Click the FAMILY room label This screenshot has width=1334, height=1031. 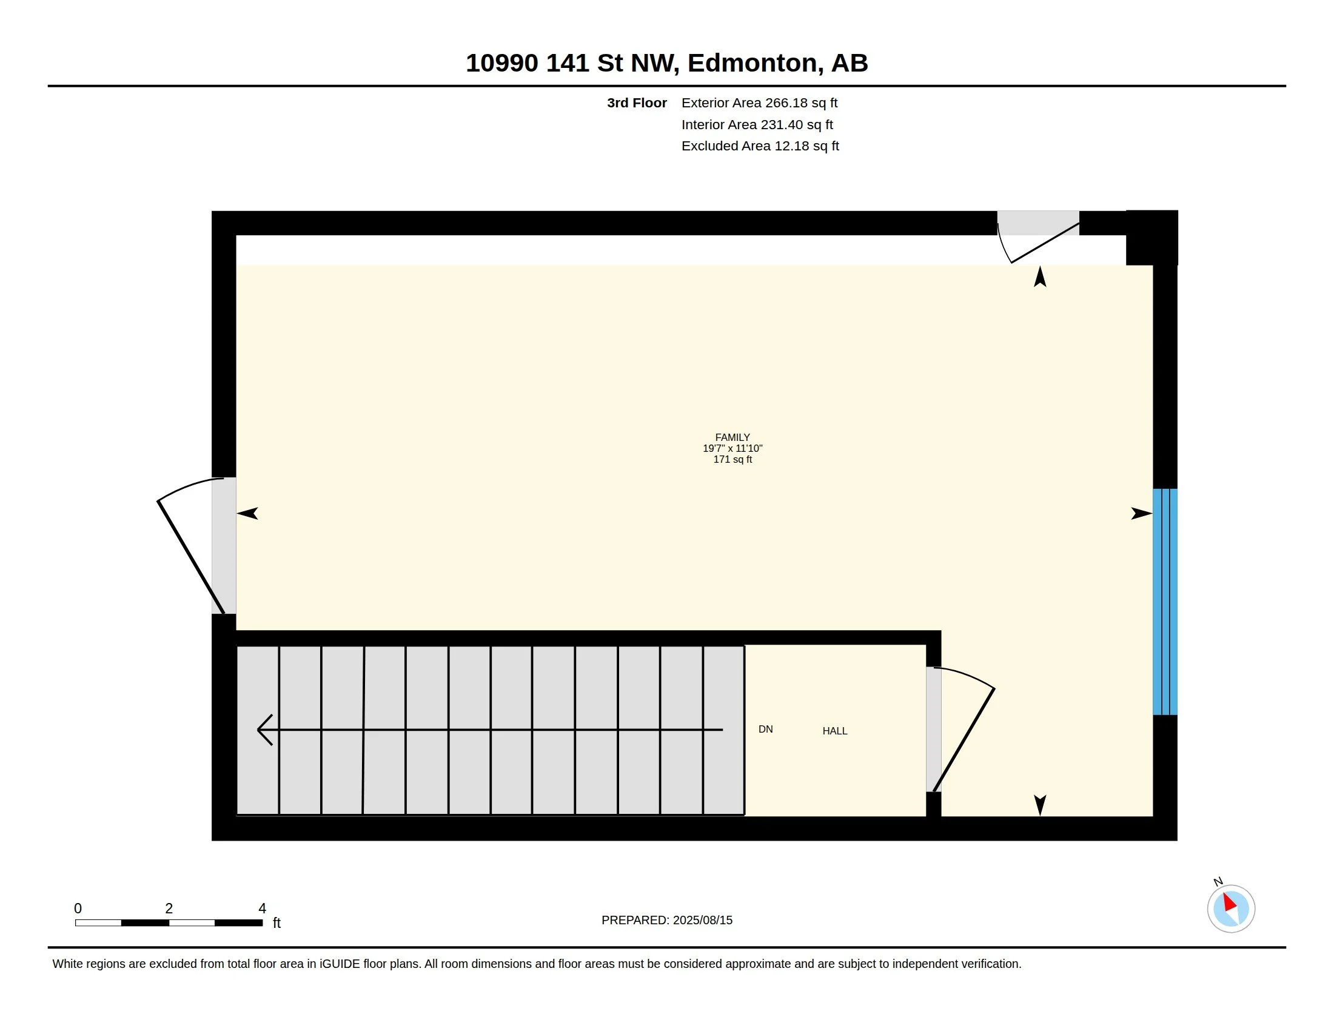[732, 437]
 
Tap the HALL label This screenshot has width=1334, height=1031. [834, 731]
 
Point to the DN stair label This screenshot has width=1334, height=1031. [765, 729]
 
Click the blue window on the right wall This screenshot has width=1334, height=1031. [1165, 602]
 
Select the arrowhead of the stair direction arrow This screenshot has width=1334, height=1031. [264, 730]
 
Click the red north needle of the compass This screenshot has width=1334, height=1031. [1230, 901]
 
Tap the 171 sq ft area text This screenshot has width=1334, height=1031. [732, 459]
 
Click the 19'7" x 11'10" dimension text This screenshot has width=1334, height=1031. [732, 448]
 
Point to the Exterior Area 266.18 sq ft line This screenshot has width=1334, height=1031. [759, 103]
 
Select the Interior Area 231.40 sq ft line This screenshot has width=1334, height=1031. [757, 124]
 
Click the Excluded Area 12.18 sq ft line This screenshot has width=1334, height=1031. [760, 146]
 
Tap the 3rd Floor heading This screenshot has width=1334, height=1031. [637, 103]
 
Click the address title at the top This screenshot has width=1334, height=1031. [666, 63]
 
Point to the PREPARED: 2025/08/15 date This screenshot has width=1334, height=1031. [666, 920]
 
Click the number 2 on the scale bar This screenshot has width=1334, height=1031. [169, 908]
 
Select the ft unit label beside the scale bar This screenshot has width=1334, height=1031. [276, 922]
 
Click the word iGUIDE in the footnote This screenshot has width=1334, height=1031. [340, 964]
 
